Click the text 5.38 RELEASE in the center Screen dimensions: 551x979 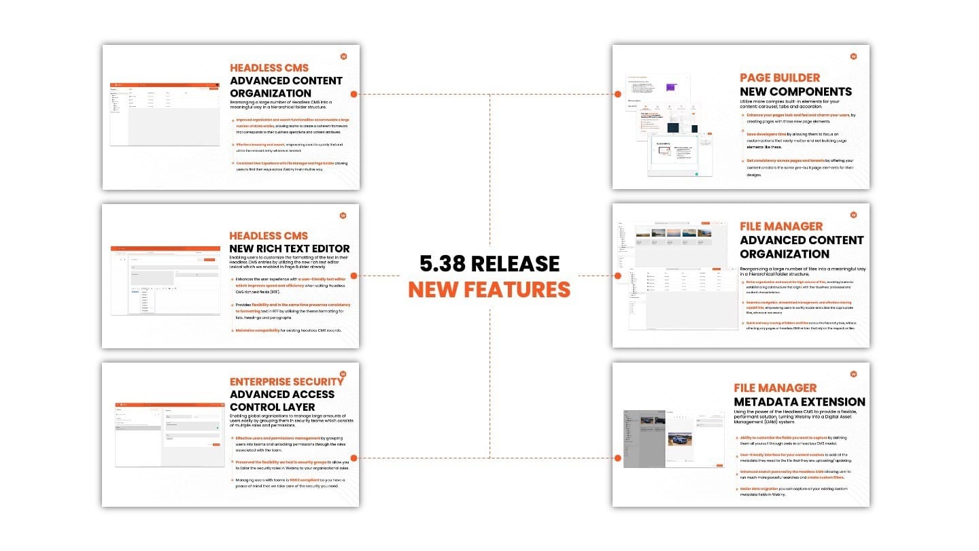[x=489, y=264]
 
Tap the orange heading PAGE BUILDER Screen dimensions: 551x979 [x=780, y=78]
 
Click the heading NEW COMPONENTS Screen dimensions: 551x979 [x=795, y=91]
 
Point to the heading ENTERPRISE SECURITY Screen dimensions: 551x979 [x=286, y=382]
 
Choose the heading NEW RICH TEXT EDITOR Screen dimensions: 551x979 [x=290, y=248]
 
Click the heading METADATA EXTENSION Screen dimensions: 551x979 [x=800, y=402]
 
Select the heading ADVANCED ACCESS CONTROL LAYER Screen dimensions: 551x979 [x=282, y=400]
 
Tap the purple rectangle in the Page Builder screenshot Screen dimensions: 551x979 [x=671, y=87]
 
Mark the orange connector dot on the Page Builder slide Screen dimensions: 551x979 [x=618, y=94]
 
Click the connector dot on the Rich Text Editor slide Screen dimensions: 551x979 [x=354, y=275]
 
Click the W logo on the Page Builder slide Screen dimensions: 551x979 [x=853, y=56]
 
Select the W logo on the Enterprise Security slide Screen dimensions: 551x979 [x=343, y=373]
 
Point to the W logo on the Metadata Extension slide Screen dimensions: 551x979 [x=853, y=373]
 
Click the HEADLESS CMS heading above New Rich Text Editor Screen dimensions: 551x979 [x=269, y=235]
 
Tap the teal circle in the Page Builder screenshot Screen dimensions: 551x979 [x=697, y=174]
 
